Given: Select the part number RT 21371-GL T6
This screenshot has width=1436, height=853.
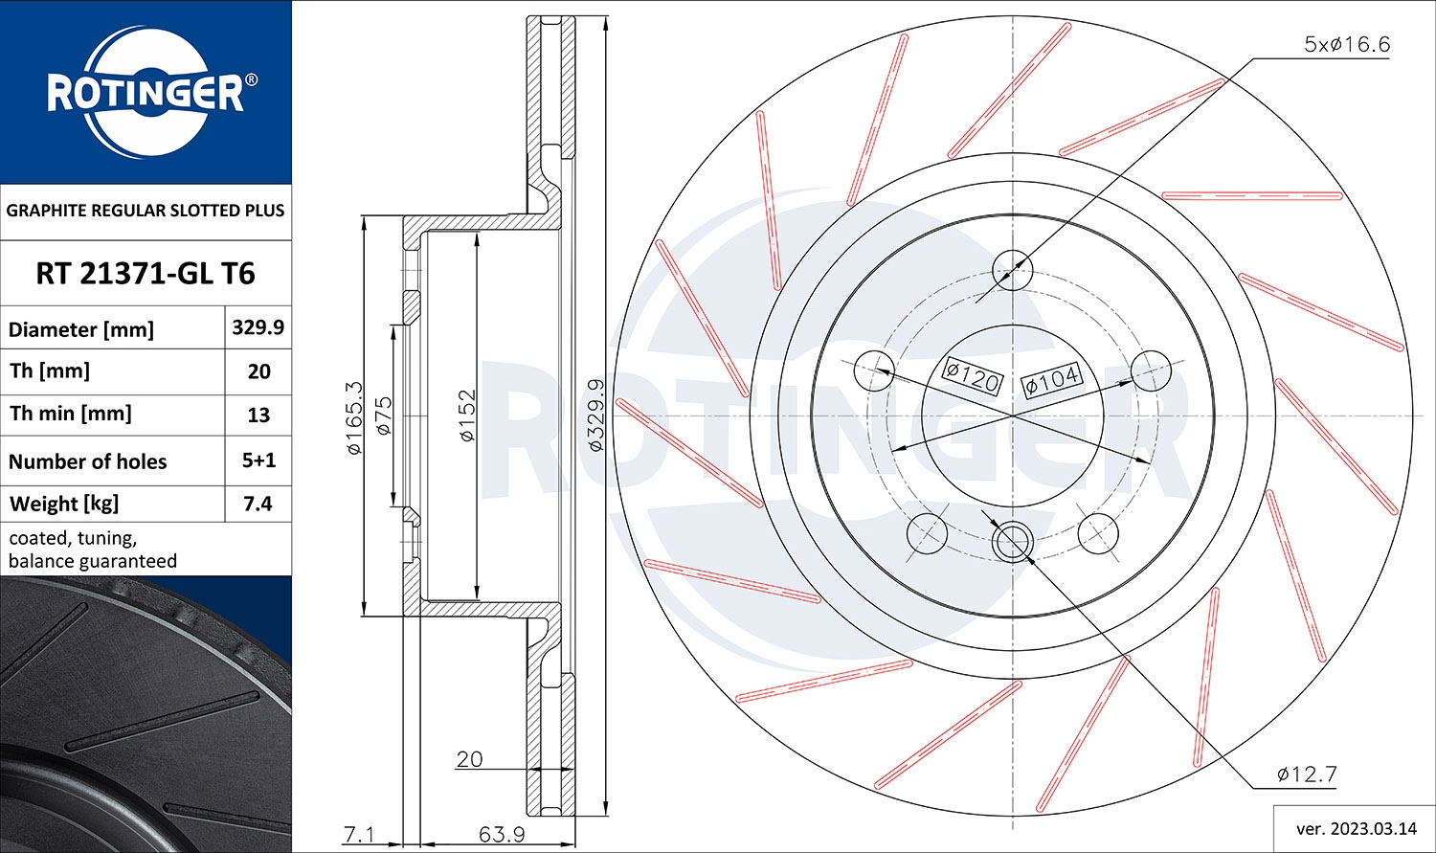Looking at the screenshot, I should pyautogui.click(x=146, y=274).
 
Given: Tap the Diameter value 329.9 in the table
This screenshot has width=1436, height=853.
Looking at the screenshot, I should pyautogui.click(x=258, y=327).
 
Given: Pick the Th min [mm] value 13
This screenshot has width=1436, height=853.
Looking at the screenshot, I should pyautogui.click(x=258, y=415).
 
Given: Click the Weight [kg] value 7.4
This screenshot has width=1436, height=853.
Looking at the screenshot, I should pyautogui.click(x=258, y=504).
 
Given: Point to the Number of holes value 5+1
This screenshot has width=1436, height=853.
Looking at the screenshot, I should pyautogui.click(x=258, y=460).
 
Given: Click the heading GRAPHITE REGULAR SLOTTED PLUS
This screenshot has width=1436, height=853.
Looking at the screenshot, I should pyautogui.click(x=146, y=211).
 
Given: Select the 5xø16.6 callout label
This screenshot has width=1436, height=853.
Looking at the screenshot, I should pyautogui.click(x=1346, y=44).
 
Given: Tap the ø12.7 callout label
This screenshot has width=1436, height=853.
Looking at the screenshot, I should pyautogui.click(x=1306, y=774).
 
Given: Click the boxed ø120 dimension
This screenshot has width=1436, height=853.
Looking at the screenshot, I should pyautogui.click(x=972, y=376).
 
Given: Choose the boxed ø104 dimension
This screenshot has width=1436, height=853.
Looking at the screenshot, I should pyautogui.click(x=1051, y=380).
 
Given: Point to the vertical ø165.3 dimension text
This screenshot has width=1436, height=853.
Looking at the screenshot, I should pyautogui.click(x=353, y=417).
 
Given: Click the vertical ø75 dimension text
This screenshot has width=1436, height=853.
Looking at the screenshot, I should pyautogui.click(x=384, y=416).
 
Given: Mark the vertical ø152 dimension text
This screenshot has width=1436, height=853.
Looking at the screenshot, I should pyautogui.click(x=466, y=415).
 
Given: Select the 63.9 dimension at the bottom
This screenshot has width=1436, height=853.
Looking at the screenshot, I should pyautogui.click(x=502, y=834).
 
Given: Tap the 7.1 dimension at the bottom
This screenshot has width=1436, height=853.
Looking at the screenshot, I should pyautogui.click(x=359, y=834).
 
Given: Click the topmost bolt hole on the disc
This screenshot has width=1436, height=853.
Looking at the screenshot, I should pyautogui.click(x=1013, y=268).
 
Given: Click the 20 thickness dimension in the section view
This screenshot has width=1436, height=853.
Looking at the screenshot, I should pyautogui.click(x=469, y=759).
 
